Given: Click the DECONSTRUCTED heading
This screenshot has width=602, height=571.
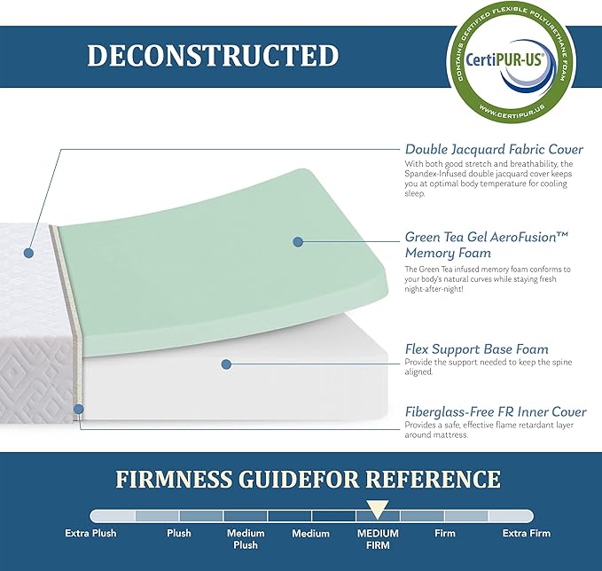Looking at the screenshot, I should coord(213,56).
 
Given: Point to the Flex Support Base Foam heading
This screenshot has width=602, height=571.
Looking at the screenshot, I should coord(476,349).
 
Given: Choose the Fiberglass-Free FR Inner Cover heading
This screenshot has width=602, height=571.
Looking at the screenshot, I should coord(495,411).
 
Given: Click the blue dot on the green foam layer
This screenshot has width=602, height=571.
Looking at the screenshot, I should coord(298,241).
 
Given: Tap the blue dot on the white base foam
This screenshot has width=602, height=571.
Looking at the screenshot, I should coord(226,364).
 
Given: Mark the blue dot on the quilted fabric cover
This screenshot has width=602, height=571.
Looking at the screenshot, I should coord(28,253).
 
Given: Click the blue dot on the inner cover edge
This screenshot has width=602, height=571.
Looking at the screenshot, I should coord(79,410).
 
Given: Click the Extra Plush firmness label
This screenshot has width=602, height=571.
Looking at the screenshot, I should coord(90,534).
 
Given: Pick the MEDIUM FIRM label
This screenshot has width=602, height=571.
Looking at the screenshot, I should coord(378,539).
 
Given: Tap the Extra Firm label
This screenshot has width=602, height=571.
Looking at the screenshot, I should coord(526,534).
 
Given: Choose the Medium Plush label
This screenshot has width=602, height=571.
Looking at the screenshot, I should coord(246,539).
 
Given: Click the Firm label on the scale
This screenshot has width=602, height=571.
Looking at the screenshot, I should coord(445,534).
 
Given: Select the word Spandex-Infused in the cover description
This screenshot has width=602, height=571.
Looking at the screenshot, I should coord(434,173).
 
